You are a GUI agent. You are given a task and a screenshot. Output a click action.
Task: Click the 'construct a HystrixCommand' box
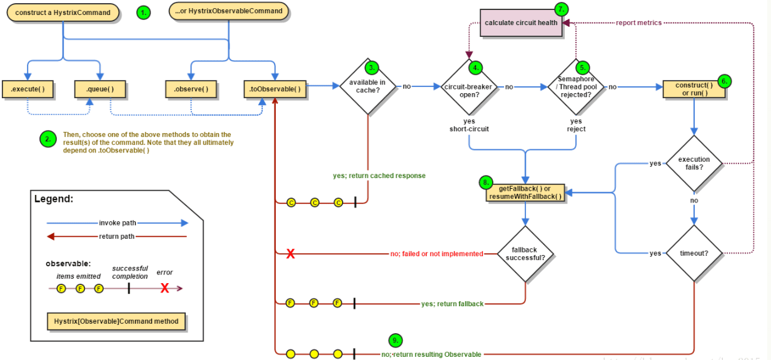click(63, 12)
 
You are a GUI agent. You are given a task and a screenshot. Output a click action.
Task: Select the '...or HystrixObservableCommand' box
click(229, 11)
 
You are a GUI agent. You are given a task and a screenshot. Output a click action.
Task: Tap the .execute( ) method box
click(27, 89)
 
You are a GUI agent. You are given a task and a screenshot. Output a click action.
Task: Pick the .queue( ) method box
click(100, 89)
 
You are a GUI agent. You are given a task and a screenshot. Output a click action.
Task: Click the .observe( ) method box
click(191, 89)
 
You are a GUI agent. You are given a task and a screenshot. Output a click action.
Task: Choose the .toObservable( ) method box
click(275, 89)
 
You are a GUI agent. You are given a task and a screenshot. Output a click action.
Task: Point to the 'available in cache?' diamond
click(367, 86)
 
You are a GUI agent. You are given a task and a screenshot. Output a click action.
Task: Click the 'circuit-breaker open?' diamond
click(470, 87)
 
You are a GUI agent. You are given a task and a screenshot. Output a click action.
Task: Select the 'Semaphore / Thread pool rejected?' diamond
click(576, 87)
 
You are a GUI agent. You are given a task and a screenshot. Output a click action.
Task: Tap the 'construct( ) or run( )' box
click(694, 89)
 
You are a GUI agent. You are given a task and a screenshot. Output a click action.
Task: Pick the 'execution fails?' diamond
click(694, 164)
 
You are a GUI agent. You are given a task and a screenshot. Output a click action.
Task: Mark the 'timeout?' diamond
click(694, 253)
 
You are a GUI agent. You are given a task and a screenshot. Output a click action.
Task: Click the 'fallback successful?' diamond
click(525, 253)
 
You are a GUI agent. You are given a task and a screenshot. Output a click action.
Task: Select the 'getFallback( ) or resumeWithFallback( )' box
click(525, 192)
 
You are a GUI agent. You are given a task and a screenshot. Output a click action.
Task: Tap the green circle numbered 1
click(144, 12)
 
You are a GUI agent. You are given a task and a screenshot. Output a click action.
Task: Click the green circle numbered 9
click(395, 341)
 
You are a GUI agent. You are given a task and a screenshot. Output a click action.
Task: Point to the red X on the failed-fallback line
click(291, 254)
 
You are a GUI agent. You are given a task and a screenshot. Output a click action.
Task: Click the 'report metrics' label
click(638, 23)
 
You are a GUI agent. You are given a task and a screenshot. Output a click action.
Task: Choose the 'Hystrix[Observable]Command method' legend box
click(116, 321)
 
